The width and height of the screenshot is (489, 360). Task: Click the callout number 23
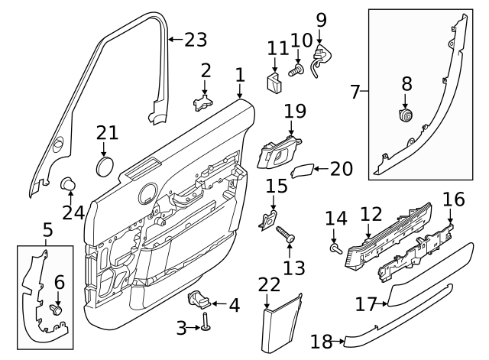tap(196, 38)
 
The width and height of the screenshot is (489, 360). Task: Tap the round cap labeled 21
tap(106, 166)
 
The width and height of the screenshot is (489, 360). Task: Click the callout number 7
tap(354, 93)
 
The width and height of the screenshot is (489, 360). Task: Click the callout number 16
tap(454, 200)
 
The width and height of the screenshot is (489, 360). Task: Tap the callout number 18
tap(321, 342)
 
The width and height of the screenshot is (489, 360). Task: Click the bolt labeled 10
tap(296, 72)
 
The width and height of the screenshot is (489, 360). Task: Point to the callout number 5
tap(47, 229)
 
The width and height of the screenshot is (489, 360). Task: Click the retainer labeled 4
tap(200, 298)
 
